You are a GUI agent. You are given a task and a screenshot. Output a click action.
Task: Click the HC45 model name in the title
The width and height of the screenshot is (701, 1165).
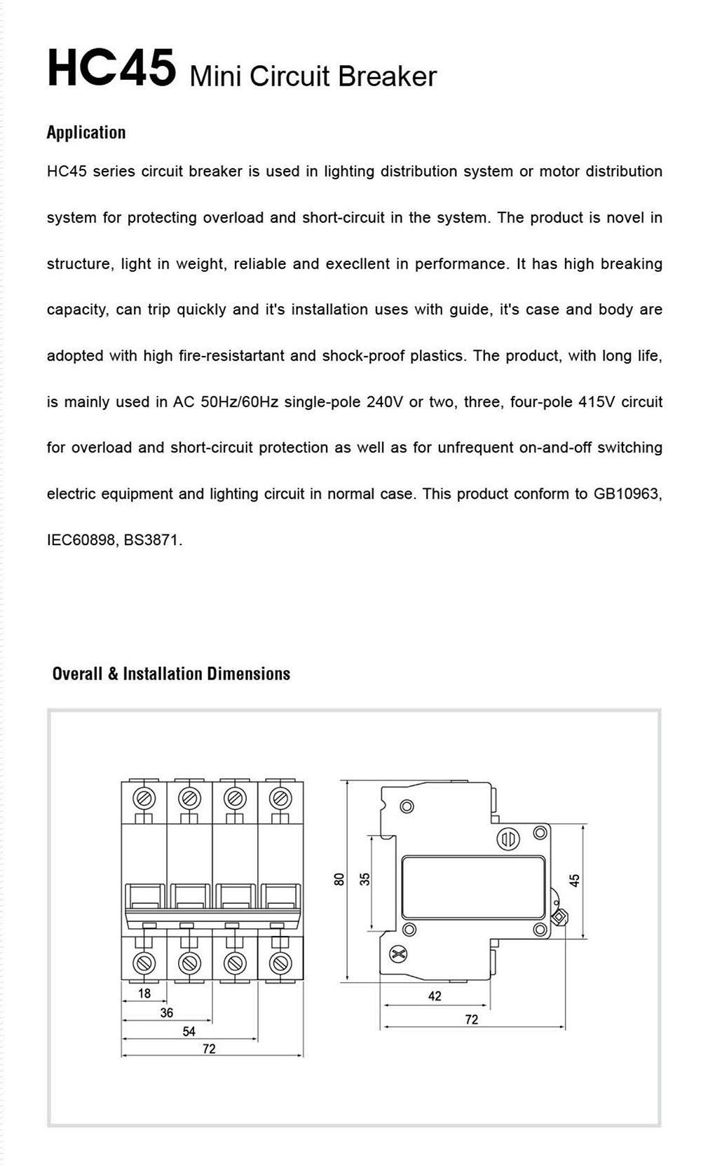111,69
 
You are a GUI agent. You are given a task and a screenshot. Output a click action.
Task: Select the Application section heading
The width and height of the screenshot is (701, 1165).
86,132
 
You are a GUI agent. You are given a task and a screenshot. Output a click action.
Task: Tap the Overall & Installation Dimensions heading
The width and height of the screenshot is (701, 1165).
171,674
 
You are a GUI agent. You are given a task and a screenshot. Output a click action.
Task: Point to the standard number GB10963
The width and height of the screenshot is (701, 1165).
627,494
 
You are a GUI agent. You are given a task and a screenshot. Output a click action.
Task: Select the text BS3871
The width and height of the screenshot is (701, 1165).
152,540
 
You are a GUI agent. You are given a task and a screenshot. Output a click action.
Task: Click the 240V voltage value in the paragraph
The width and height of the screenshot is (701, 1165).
385,402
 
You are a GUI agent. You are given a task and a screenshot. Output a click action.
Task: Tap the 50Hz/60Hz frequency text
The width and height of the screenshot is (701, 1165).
239,402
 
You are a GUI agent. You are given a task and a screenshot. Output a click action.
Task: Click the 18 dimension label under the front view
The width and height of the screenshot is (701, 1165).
144,993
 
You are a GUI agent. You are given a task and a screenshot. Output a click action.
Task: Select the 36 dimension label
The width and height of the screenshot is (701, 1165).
166,1013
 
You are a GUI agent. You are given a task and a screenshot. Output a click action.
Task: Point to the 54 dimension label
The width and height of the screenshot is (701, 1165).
189,1031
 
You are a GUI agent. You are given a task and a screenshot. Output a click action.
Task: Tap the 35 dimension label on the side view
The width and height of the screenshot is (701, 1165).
365,879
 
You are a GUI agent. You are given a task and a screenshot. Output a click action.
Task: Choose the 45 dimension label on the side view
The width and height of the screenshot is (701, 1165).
575,881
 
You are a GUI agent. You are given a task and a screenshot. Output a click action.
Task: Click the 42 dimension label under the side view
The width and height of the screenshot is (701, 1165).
435,996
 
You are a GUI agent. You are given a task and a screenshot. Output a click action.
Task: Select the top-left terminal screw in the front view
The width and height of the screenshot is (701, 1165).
144,798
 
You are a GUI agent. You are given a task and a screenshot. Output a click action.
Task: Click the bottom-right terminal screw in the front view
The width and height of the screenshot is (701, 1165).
280,962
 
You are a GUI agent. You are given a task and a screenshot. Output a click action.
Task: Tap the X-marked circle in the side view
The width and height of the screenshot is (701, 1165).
398,953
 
